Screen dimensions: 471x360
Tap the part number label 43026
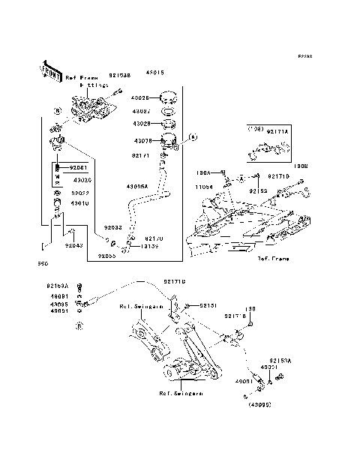(x=141, y=97)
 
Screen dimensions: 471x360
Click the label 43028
(x=142, y=124)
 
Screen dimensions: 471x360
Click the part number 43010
(x=80, y=202)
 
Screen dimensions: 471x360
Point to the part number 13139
(x=149, y=245)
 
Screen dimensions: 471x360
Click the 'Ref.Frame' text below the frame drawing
(x=272, y=258)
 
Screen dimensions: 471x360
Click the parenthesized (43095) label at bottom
(x=259, y=403)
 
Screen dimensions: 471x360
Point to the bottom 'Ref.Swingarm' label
(x=179, y=393)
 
